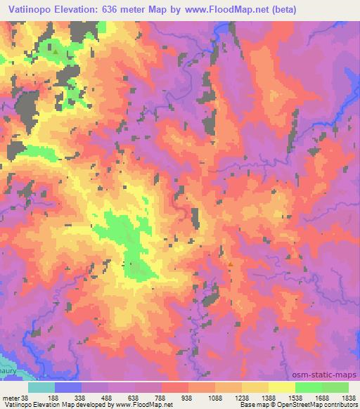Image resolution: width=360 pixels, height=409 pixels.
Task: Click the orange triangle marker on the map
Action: pyautogui.click(x=230, y=264)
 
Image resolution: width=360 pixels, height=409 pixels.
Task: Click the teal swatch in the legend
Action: pyautogui.click(x=42, y=387)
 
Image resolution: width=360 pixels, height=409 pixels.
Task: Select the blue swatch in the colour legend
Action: pyautogui.click(x=69, y=387)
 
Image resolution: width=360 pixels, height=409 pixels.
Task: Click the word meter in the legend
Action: pyautogui.click(x=11, y=397)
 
